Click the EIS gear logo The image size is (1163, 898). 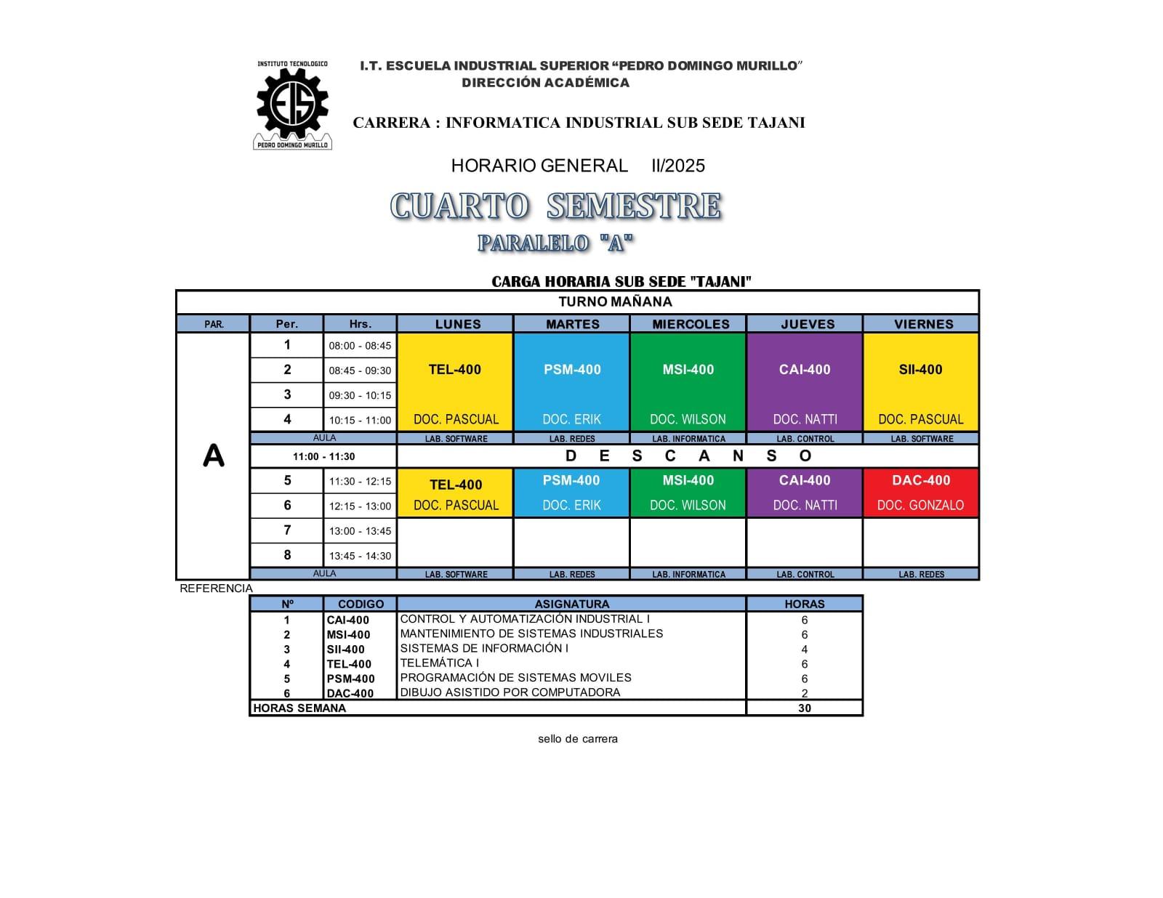pos(292,104)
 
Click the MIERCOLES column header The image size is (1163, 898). pos(691,324)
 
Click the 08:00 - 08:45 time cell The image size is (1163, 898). pos(360,346)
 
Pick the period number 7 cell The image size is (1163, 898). pos(287,530)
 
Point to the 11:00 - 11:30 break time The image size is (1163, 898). pos(323,456)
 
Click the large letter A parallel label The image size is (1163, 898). pos(214,456)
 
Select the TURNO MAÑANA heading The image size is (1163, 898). pos(615,302)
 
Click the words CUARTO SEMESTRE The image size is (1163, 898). pos(556,206)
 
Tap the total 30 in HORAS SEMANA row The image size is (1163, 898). pos(804,708)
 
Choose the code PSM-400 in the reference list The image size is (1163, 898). pos(350,679)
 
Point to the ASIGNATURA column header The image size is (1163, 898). pos(572,604)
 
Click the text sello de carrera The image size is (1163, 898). pos(578,739)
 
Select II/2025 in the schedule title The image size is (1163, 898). pos(678,166)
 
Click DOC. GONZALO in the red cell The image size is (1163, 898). pos(920,505)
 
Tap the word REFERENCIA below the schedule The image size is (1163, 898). pos(217,588)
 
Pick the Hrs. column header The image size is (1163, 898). pos(360,324)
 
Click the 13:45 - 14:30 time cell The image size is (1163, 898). pos(360,556)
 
